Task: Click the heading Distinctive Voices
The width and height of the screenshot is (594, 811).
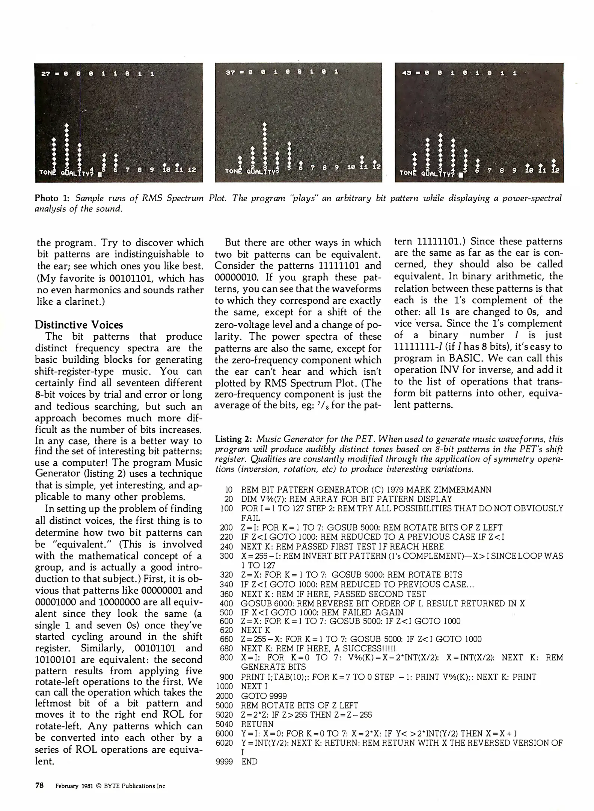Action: coord(78,324)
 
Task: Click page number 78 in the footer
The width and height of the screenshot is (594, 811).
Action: coord(39,785)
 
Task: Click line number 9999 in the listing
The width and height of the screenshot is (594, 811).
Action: coord(224,761)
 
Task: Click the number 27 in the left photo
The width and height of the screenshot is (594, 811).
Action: coord(46,74)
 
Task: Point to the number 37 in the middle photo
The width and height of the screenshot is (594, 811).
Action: coord(230,72)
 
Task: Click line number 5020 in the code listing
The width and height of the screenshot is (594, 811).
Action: coord(224,715)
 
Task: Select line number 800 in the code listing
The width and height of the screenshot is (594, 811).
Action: coord(226,657)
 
